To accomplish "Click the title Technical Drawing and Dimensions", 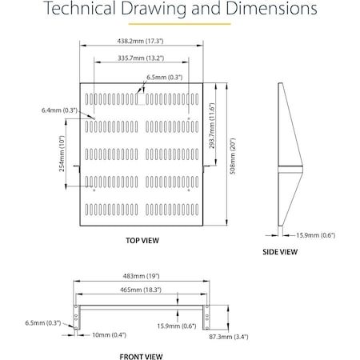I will pos(179,11).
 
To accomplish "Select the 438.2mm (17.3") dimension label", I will pos(142,42).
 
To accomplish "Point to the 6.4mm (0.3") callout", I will pos(59,110).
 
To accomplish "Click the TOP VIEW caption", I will pos(142,239).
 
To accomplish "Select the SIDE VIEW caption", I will pos(280,252).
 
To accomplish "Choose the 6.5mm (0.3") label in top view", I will pos(162,77).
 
